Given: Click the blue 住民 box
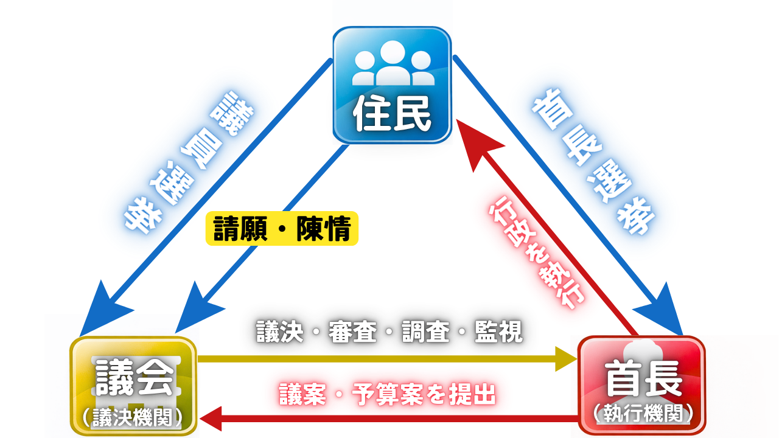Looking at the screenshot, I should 391,85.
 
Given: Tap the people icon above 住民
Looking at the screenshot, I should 392,63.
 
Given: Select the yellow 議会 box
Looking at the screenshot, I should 134,386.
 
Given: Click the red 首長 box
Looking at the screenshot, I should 642,386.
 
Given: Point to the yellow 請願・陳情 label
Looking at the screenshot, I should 282,229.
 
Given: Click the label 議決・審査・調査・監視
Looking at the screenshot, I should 389,332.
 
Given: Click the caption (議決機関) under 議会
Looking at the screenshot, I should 134,417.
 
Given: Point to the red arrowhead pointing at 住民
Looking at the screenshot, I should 477,145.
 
